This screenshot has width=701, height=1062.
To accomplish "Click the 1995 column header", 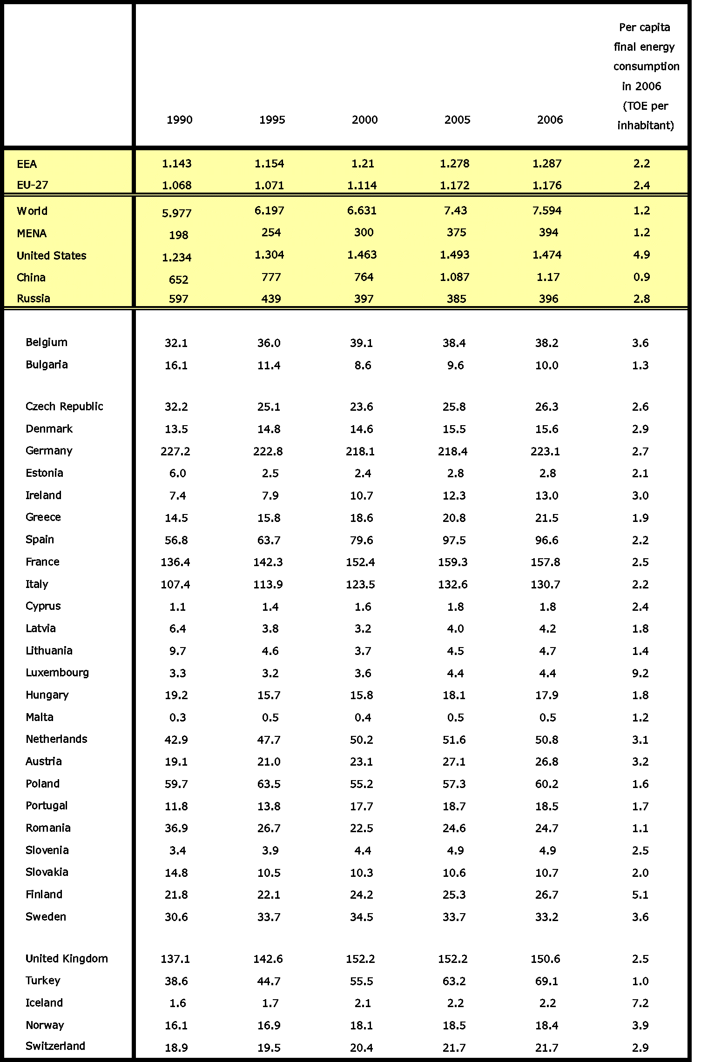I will pyautogui.click(x=272, y=120).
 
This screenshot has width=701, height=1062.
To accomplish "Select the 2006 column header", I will pyautogui.click(x=550, y=120).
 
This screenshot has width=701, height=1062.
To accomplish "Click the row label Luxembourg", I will pyautogui.click(x=57, y=673).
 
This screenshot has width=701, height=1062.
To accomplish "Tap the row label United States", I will pyautogui.click(x=52, y=256).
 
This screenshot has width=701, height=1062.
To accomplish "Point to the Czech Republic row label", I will pyautogui.click(x=64, y=407).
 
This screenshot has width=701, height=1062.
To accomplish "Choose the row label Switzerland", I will pyautogui.click(x=55, y=1046).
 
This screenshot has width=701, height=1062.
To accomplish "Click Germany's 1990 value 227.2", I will pyautogui.click(x=175, y=451).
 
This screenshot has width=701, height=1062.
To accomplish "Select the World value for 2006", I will pyautogui.click(x=547, y=211).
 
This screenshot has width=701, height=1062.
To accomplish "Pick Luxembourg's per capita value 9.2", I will pyautogui.click(x=640, y=673).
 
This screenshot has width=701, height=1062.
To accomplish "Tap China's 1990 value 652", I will pyautogui.click(x=178, y=280).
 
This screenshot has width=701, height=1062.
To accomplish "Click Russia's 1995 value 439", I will pyautogui.click(x=271, y=299).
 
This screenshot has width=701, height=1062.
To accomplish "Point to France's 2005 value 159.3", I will pyautogui.click(x=453, y=562).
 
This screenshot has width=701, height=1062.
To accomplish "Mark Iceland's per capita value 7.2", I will pyautogui.click(x=640, y=1003).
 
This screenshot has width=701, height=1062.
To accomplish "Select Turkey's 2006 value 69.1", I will pyautogui.click(x=547, y=981).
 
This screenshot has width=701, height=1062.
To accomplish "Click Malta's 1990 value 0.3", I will pyautogui.click(x=177, y=718).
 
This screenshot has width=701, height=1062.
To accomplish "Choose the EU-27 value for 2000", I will pyautogui.click(x=362, y=186).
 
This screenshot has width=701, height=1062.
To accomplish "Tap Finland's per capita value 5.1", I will pyautogui.click(x=640, y=895).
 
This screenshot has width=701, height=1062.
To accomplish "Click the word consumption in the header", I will pyautogui.click(x=646, y=67).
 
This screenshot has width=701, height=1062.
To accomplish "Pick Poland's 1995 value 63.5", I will pyautogui.click(x=269, y=784).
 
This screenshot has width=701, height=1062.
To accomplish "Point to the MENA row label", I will pyautogui.click(x=32, y=234).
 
